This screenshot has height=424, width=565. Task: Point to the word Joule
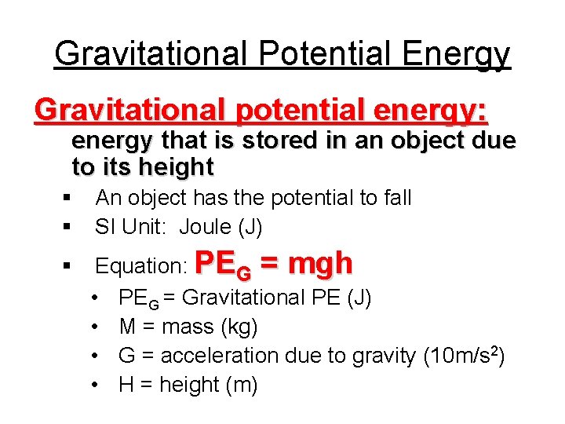pyautogui.click(x=206, y=227)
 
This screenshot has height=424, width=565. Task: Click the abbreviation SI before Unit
pyautogui.click(x=105, y=227)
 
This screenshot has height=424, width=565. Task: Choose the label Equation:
pyautogui.click(x=140, y=266)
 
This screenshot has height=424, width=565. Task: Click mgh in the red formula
pyautogui.click(x=320, y=263)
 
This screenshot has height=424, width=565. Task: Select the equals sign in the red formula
pyautogui.click(x=269, y=264)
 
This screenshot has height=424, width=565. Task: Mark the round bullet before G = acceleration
pyautogui.click(x=94, y=356)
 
